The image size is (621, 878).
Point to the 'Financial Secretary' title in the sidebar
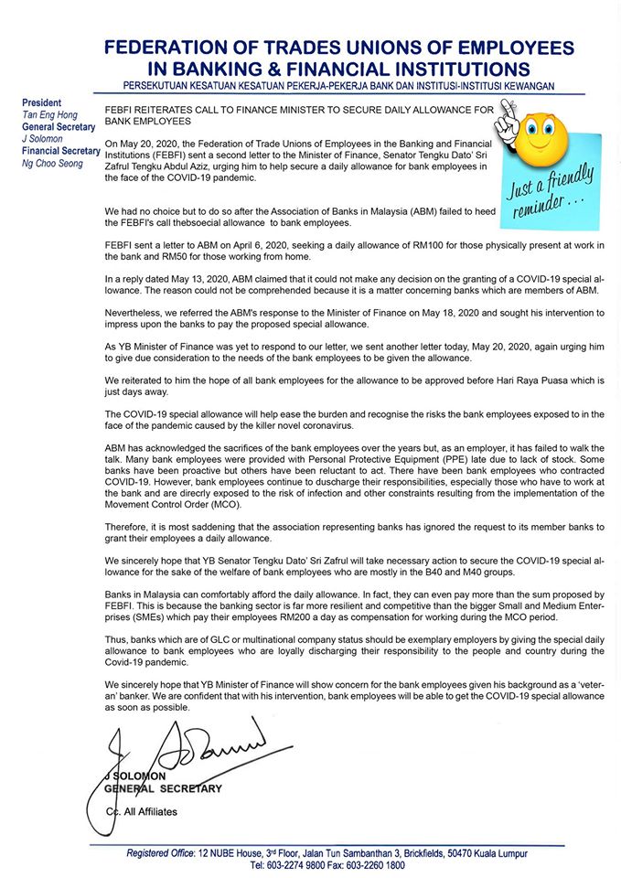click(60, 151)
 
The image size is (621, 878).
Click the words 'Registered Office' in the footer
click(161, 852)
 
